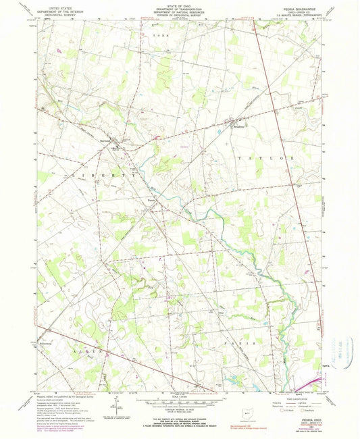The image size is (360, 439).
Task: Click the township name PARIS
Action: coord(246,343)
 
